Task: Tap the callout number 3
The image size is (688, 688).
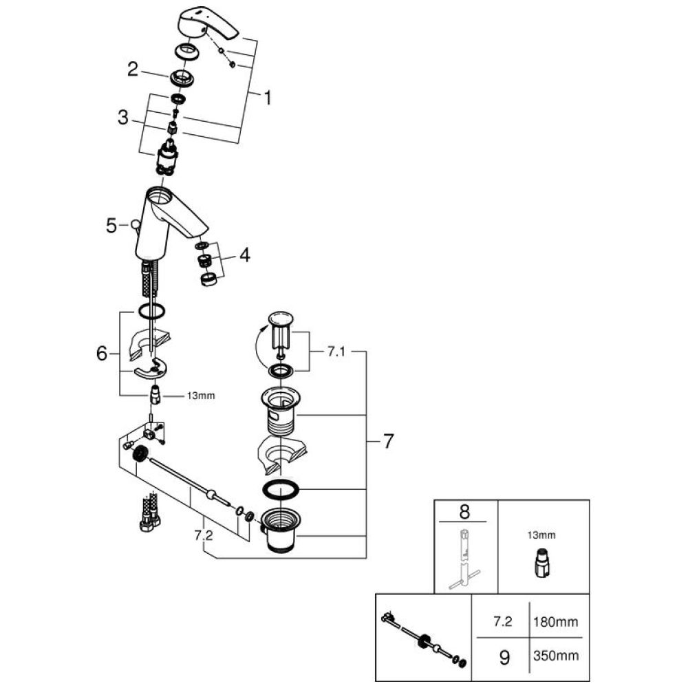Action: pos(122,118)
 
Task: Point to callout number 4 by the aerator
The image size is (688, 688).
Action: pos(244,257)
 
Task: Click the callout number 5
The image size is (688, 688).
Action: pos(111,224)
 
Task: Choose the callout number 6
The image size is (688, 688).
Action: pos(102,354)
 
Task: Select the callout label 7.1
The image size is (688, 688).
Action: pos(335,352)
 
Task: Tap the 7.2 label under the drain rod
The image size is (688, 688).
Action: pos(204,535)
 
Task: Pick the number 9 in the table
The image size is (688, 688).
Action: pos(504,658)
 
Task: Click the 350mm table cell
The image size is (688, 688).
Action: pos(555,658)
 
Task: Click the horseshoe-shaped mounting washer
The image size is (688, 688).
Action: pos(151,372)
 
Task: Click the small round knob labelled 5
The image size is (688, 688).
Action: pos(134,224)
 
